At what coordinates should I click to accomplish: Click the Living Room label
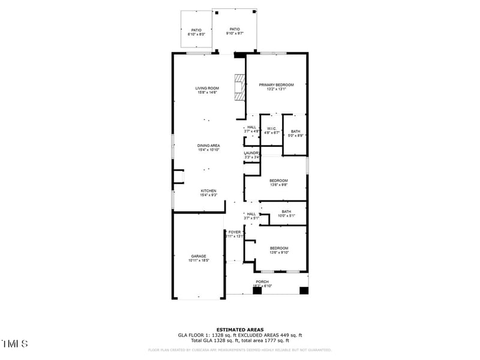[x=206, y=88]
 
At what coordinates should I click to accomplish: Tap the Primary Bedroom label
[x=276, y=85]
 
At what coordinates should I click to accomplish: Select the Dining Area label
[x=209, y=145]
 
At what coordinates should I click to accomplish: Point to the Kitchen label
[x=208, y=191]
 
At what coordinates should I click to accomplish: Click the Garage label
[x=199, y=256]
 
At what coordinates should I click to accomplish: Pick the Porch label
[x=262, y=281]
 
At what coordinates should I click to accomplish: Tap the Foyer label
[x=235, y=232]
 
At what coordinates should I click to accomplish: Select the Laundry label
[x=251, y=153]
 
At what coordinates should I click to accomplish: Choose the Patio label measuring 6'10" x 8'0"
[x=196, y=30]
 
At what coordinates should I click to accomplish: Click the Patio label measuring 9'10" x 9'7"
[x=235, y=29]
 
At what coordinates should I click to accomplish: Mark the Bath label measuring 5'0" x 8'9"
[x=296, y=131]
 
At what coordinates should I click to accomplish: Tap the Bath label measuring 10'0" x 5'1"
[x=286, y=211]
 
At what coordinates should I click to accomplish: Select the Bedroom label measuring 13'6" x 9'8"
[x=278, y=181]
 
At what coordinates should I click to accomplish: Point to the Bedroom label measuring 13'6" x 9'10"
[x=279, y=248]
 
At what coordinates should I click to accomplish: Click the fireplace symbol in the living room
[x=241, y=88]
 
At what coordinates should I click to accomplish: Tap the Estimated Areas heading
[x=239, y=329]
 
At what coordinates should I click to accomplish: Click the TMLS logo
[x=14, y=344]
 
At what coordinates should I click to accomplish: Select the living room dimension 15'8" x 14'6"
[x=206, y=92]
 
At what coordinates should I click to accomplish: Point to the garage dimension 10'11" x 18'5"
[x=199, y=260]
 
